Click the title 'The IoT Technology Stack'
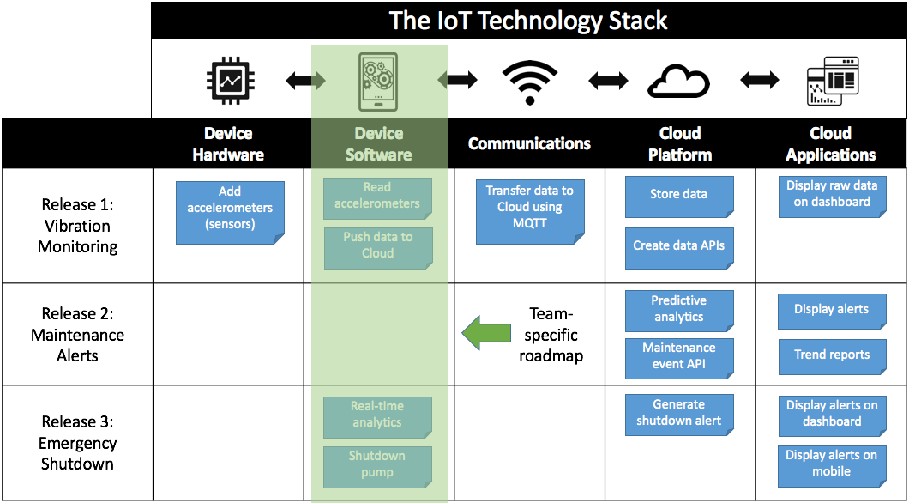point(528,21)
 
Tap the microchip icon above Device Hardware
point(229,81)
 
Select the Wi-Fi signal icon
point(529,82)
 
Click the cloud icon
point(678,82)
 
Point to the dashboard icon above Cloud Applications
point(831,82)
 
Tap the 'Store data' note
point(678,195)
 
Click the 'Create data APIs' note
point(678,245)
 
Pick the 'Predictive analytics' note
point(678,310)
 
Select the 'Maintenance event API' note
point(678,357)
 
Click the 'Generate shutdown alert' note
point(678,413)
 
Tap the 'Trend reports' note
point(831,355)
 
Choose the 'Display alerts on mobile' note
point(831,464)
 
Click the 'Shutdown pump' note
point(377,464)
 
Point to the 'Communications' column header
point(529,143)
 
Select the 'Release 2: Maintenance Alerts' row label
point(77,335)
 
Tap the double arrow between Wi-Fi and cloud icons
point(609,82)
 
